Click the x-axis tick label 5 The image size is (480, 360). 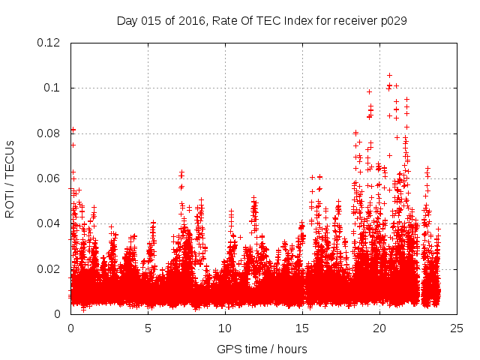tap(148, 328)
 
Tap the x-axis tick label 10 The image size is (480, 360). tap(225, 328)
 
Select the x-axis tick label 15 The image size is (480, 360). tap(302, 328)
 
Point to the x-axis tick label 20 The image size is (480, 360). tap(379, 328)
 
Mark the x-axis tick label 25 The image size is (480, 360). tap(457, 328)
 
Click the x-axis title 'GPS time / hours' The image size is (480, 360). tap(262, 349)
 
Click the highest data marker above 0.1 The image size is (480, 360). tap(389, 75)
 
